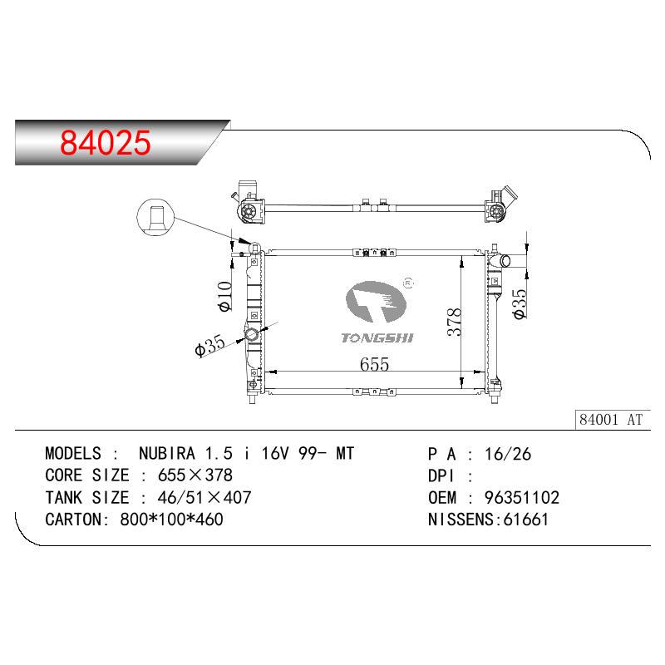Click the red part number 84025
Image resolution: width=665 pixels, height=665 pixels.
pos(106,142)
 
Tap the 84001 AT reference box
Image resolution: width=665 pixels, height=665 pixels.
pos(613,420)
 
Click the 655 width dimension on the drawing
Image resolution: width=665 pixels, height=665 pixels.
pos(374,364)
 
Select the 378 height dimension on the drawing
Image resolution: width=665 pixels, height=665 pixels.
pos(454,322)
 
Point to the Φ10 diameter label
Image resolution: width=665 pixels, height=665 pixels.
pos(224,296)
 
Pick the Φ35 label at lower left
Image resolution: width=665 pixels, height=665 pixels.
pos(209,346)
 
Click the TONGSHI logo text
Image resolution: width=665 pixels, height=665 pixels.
pos(377,337)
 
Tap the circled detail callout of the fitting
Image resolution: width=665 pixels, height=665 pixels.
pos(155,217)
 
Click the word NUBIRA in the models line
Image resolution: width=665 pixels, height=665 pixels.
pos(167,453)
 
